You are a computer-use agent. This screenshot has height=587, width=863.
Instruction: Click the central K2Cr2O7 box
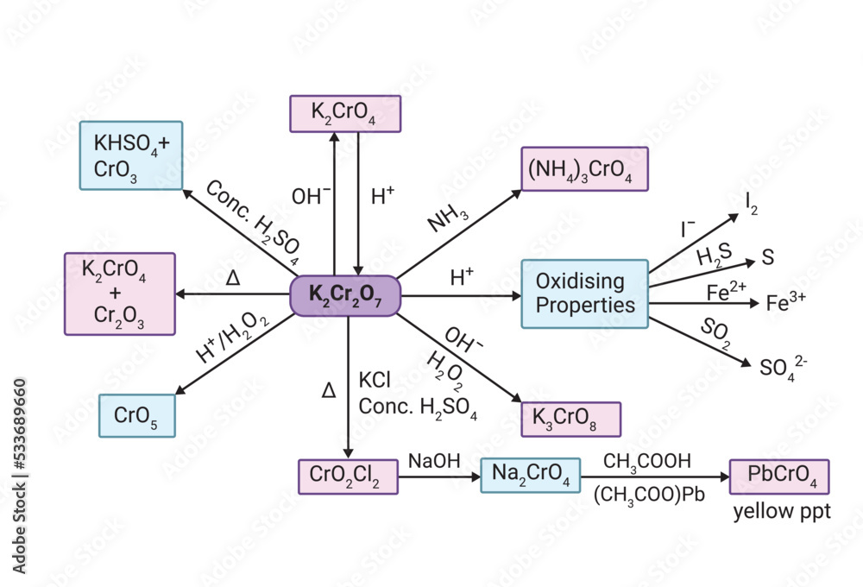point(344,295)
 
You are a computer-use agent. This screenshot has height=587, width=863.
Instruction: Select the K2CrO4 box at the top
point(344,113)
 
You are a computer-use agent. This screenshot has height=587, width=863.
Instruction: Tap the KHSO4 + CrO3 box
point(130,155)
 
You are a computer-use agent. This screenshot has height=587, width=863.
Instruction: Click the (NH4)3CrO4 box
point(584,168)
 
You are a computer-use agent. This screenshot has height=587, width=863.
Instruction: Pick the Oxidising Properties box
point(584,293)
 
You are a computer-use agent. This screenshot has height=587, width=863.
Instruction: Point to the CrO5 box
point(137,415)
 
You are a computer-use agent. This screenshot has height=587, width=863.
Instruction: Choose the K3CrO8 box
point(570,419)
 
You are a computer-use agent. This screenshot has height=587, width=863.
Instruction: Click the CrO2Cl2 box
point(348,477)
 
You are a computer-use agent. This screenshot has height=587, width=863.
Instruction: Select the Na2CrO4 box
point(530,476)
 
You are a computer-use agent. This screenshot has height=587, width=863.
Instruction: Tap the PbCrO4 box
point(778,477)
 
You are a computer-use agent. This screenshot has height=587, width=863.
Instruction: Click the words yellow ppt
point(781,511)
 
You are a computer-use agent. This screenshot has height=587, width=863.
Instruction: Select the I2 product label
point(752,204)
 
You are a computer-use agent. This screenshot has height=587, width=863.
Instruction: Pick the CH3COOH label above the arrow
point(647,462)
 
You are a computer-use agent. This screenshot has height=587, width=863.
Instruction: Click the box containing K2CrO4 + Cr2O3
point(120,293)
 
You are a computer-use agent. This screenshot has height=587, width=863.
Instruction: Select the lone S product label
point(766,257)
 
